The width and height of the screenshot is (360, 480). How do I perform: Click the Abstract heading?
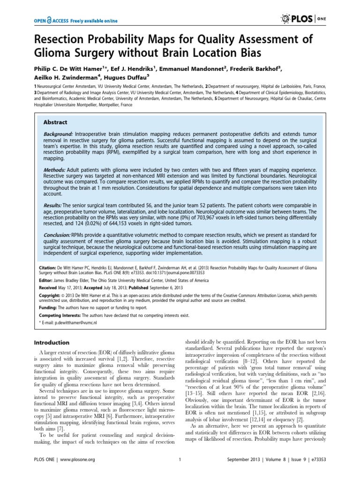55,122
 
